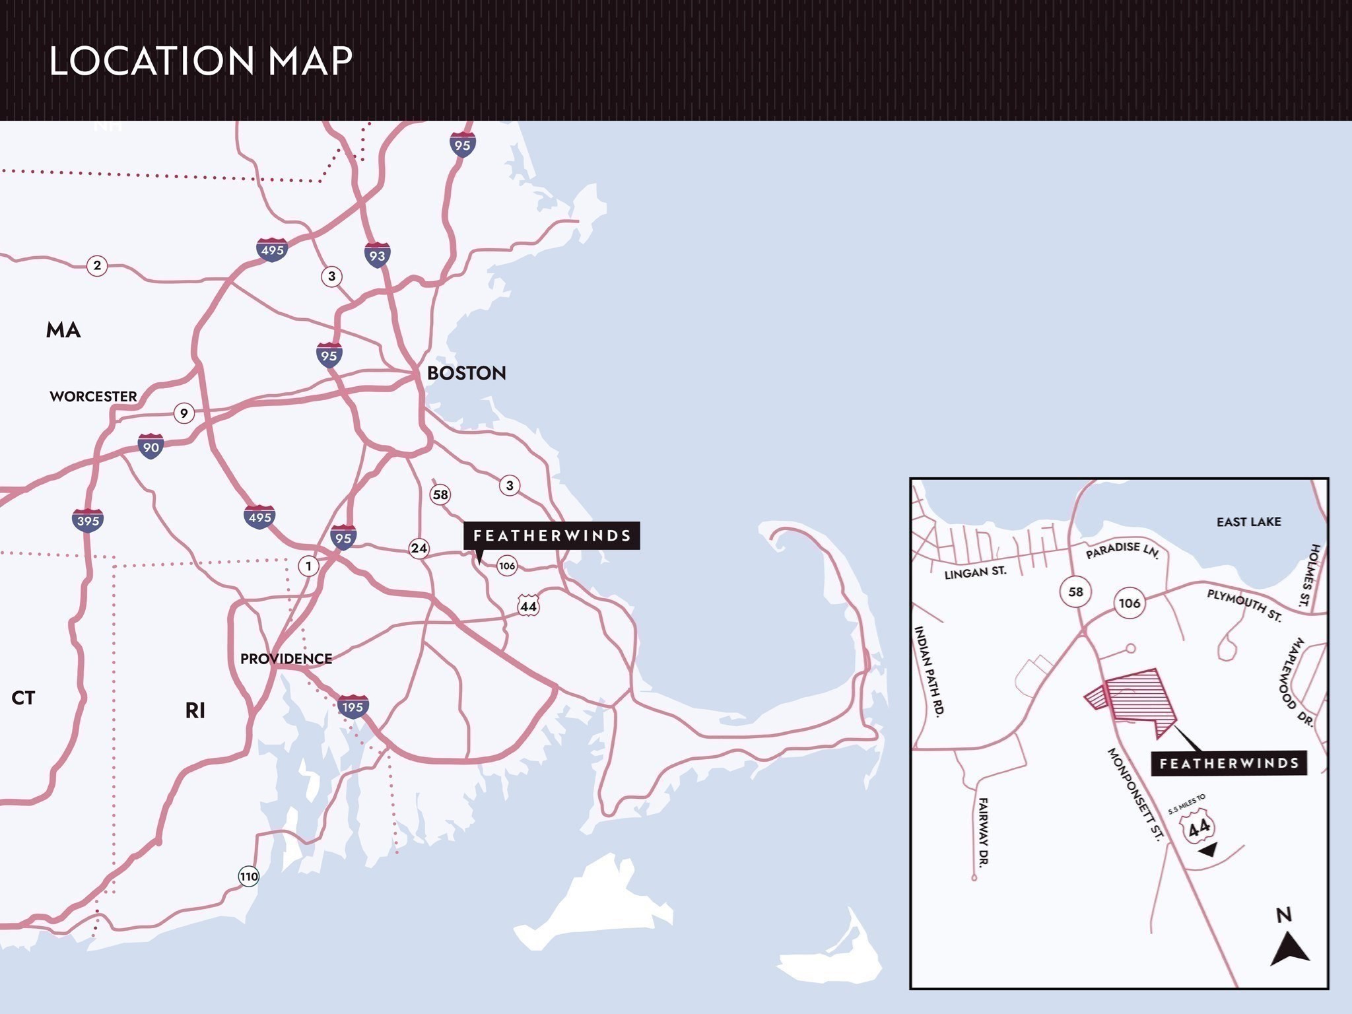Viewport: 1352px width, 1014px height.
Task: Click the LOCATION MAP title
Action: tap(201, 61)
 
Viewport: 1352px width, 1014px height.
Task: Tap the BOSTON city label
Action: tap(466, 373)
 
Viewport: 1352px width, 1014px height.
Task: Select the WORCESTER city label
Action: tap(93, 396)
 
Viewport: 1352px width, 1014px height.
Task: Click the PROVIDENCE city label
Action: tap(286, 658)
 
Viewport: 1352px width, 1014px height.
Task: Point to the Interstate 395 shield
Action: tap(88, 520)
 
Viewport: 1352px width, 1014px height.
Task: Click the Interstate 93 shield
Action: tap(377, 255)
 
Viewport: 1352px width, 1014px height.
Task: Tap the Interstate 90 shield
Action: tap(151, 447)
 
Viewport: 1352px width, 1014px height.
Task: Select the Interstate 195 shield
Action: tap(353, 706)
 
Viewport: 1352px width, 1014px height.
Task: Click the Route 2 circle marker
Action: tap(97, 265)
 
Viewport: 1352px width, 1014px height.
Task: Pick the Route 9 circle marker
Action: tap(184, 413)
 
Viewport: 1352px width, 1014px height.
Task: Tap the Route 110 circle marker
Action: tap(248, 877)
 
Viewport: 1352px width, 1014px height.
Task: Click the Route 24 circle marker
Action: tap(419, 548)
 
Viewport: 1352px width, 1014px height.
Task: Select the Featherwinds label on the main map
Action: tap(552, 535)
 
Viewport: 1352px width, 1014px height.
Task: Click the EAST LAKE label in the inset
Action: tap(1248, 522)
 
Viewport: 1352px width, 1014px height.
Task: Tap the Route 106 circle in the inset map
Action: tap(1129, 603)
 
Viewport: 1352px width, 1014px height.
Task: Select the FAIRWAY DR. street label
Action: tap(982, 831)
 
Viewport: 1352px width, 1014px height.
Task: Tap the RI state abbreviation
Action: tap(195, 710)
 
